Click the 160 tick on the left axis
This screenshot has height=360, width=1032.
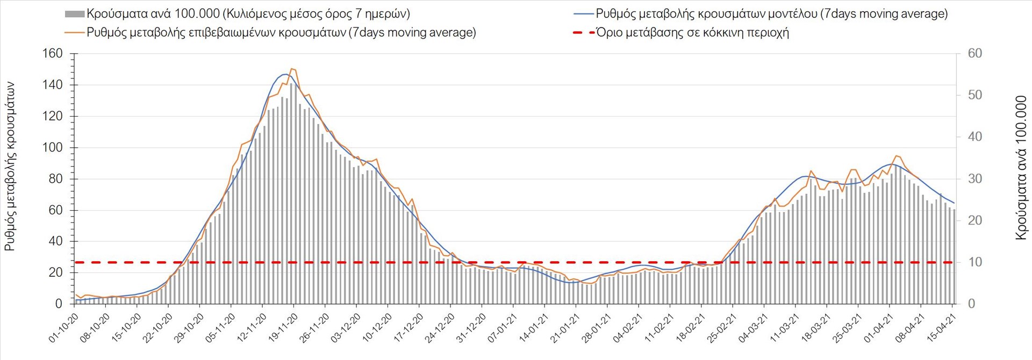tap(52, 54)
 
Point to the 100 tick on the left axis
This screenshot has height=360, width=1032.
tap(52, 148)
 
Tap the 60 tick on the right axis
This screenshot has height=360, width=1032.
tap(974, 54)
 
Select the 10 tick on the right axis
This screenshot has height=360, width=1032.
tap(974, 262)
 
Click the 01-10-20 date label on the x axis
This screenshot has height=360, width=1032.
tap(64, 328)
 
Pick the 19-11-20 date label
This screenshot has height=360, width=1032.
tap(283, 328)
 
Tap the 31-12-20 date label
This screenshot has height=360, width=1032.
tap(471, 328)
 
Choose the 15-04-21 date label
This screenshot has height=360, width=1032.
tap(942, 328)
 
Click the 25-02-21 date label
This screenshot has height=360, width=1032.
tap(722, 328)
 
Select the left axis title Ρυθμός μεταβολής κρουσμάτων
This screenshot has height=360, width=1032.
tap(10, 167)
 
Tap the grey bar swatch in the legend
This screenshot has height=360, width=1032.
tap(74, 14)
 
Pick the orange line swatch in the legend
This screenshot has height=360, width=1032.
tap(74, 33)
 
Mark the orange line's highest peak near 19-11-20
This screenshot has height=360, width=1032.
tap(292, 69)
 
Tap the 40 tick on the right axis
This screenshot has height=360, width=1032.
tap(974, 137)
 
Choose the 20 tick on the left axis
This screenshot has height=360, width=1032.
tap(55, 272)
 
